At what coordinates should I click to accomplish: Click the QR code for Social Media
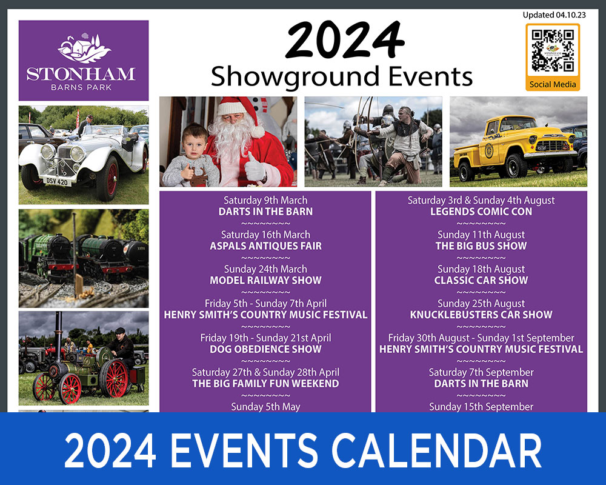553,51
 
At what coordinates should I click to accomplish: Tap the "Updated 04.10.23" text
554,15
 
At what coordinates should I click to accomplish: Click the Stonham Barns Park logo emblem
84,48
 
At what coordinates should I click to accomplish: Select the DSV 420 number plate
57,181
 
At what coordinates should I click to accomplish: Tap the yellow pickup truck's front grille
554,146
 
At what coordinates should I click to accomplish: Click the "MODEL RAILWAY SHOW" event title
265,281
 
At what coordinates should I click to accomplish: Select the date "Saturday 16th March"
265,235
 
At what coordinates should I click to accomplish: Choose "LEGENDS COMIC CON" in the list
481,212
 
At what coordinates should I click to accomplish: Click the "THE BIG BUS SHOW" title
481,246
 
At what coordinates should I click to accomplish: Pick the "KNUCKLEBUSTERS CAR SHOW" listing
481,315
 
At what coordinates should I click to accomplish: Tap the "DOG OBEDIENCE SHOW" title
265,349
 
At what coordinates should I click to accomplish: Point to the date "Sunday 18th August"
481,269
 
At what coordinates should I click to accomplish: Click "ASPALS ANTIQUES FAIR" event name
265,246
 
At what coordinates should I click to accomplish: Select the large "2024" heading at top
345,41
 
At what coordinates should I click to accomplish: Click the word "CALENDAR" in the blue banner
436,450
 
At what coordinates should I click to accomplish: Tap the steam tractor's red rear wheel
113,379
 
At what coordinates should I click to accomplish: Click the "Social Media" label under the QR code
553,84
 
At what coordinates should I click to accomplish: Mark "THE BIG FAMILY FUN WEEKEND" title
265,384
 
